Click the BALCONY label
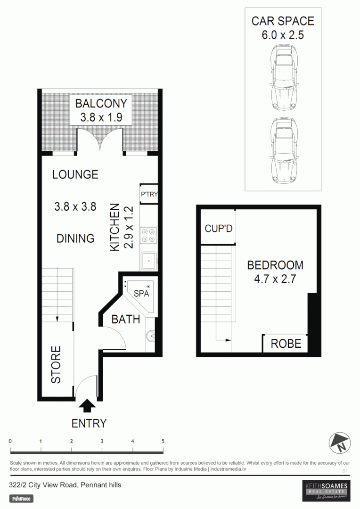(101, 103)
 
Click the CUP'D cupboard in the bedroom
(218, 229)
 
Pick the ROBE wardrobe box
(286, 343)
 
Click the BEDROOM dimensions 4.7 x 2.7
(275, 279)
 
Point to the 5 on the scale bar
(163, 441)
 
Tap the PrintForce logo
(22, 499)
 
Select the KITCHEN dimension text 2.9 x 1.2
(128, 228)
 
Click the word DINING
(75, 238)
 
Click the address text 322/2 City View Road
(43, 484)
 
